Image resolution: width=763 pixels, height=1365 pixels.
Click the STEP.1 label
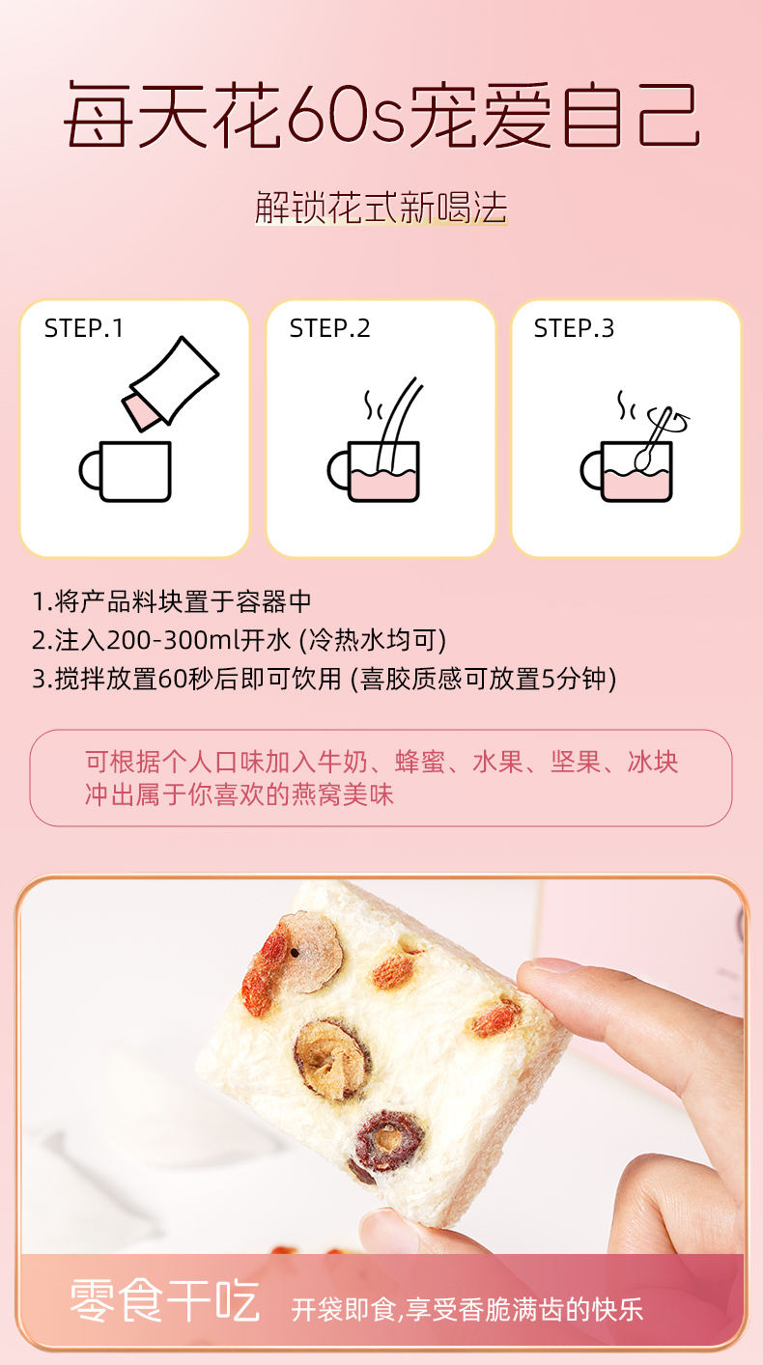pos(84,328)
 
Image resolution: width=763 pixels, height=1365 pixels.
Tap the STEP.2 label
pos(329,328)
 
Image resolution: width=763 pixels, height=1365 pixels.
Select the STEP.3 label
pos(574,328)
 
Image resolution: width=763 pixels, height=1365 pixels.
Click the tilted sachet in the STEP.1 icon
pos(170,384)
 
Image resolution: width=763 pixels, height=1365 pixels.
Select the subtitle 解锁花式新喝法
pos(381,208)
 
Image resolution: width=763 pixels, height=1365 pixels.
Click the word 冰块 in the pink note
pos(653,762)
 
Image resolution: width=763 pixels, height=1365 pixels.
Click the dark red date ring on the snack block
pos(386,1140)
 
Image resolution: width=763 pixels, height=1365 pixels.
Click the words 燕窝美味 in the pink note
pos(342,794)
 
